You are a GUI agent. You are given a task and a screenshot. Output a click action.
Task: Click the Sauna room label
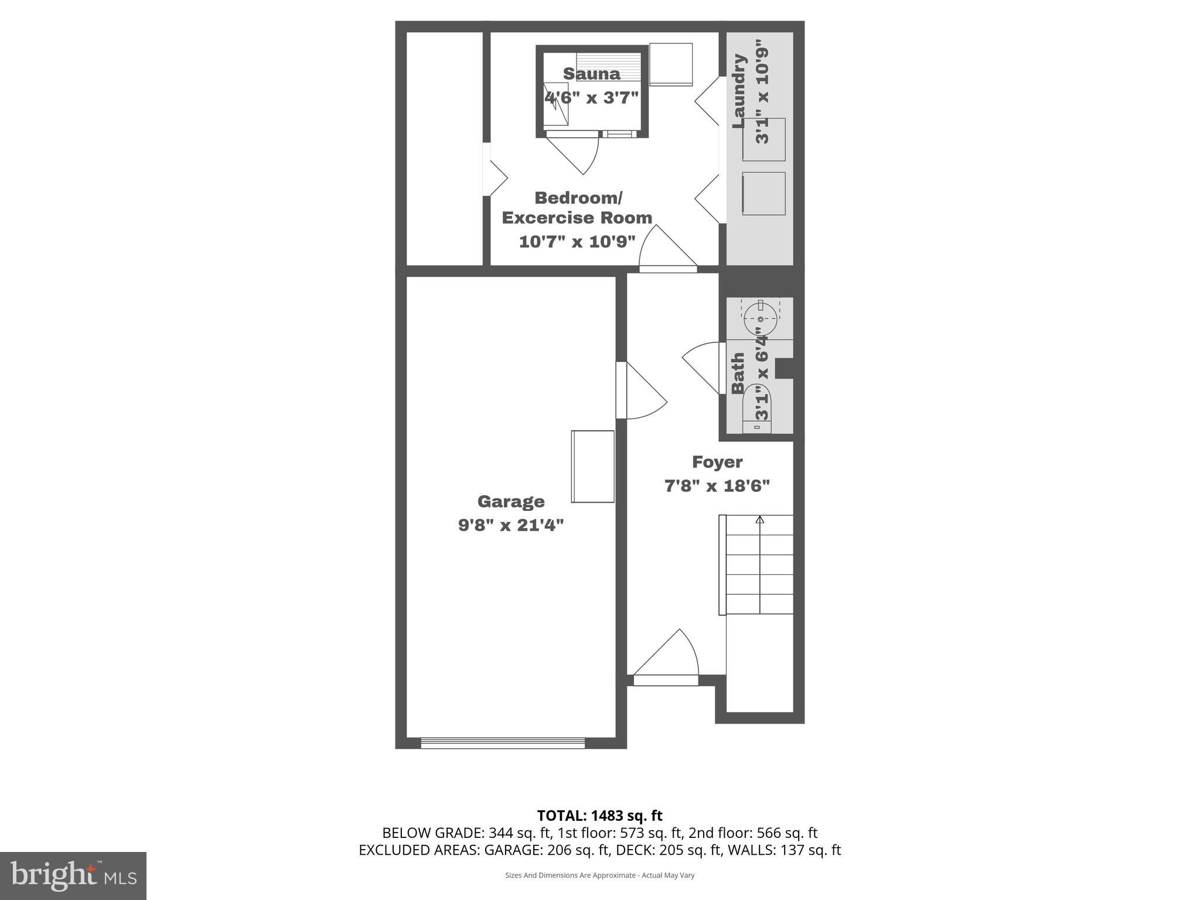[591, 74]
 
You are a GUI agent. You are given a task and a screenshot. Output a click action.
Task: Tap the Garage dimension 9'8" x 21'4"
[510, 525]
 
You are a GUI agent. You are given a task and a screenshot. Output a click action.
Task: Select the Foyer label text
[717, 462]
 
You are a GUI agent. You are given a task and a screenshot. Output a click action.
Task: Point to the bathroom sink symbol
[760, 319]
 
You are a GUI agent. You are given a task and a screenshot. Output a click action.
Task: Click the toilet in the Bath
[757, 414]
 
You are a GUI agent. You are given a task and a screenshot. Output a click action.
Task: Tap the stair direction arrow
[760, 520]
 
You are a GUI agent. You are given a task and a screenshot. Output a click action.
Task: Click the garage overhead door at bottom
[503, 743]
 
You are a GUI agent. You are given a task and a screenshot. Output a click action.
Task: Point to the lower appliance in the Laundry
[763, 193]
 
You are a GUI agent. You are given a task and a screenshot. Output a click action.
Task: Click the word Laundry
[739, 91]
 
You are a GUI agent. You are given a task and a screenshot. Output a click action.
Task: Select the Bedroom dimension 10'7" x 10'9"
[577, 241]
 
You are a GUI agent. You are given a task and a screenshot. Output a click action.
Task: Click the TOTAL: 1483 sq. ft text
[599, 816]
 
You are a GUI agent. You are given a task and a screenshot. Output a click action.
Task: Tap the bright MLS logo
[73, 875]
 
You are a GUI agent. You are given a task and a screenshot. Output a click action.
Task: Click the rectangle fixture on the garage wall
[592, 466]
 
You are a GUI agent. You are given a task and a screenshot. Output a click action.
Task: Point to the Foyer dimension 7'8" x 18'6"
[717, 486]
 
